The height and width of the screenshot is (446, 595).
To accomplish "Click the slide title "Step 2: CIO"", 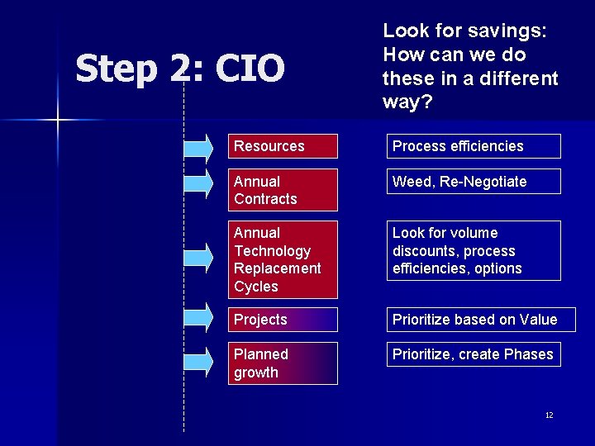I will [x=180, y=69].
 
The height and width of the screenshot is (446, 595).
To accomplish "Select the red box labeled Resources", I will [x=283, y=146].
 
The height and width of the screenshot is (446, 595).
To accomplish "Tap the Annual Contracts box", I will [x=283, y=190].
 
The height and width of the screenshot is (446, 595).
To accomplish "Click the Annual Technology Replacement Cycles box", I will [x=283, y=259].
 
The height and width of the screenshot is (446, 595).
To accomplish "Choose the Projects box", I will [x=283, y=320].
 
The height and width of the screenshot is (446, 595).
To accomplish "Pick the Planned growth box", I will [x=283, y=363].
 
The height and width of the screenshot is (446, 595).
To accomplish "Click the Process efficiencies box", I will [x=474, y=146].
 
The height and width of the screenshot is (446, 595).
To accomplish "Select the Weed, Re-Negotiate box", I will [x=474, y=182].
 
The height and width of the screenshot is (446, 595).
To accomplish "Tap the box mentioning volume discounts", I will [x=474, y=251].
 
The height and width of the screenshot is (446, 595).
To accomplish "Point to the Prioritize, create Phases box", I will [x=474, y=354].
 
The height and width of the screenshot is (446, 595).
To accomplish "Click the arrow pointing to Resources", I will [x=198, y=147].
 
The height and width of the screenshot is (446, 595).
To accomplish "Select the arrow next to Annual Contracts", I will [x=198, y=182].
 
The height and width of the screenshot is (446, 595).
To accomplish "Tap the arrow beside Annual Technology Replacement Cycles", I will [x=198, y=256].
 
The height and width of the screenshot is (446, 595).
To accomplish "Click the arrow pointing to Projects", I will [x=198, y=315].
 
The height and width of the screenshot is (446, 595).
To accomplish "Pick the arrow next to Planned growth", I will [x=198, y=359].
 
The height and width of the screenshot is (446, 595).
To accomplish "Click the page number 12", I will [x=549, y=415].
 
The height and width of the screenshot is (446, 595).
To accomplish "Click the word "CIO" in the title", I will [x=250, y=69].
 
